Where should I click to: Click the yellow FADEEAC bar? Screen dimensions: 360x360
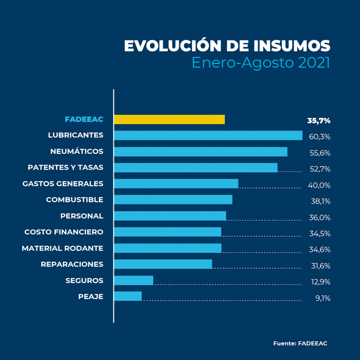tap(169, 119)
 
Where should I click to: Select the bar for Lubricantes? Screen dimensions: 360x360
tap(208, 135)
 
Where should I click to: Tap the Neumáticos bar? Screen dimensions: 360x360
tap(200, 152)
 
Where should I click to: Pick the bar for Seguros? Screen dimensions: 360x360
tap(134, 280)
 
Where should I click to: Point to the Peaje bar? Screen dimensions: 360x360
tap(128, 296)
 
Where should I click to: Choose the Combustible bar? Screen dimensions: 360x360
tap(173, 200)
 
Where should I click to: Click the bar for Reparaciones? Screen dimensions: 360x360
tap(163, 264)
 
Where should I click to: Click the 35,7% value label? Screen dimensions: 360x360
tap(319, 121)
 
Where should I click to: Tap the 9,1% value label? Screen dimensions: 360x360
tap(323, 298)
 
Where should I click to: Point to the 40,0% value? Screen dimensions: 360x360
tap(319, 185)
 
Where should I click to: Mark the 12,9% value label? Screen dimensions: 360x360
tap(320, 282)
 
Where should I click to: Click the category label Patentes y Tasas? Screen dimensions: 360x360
tap(65, 167)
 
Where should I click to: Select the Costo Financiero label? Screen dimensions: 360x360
tap(63, 232)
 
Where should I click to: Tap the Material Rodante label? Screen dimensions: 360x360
tap(62, 248)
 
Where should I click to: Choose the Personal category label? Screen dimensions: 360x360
tap(81, 216)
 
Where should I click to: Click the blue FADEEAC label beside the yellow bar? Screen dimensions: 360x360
tap(84, 119)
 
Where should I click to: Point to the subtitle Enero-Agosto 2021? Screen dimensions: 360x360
tap(261, 63)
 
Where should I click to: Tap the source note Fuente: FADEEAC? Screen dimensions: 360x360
tap(300, 343)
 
